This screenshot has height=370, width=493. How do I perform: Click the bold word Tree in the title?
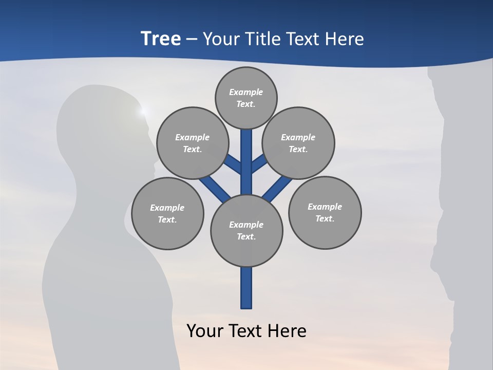(161, 39)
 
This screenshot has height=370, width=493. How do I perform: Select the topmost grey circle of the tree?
(246, 98)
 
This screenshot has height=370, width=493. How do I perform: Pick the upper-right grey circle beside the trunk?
(298, 143)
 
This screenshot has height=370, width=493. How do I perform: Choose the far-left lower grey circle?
(167, 213)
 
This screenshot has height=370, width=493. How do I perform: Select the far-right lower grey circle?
(325, 212)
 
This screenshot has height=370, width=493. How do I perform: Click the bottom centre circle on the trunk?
(246, 230)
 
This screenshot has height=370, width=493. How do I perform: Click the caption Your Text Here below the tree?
(246, 330)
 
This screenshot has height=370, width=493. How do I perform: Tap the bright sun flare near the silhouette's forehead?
(143, 110)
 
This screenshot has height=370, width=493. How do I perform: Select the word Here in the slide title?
(345, 39)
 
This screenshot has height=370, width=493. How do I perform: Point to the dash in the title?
(192, 39)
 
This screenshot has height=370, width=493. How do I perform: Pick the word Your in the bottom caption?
(205, 330)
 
